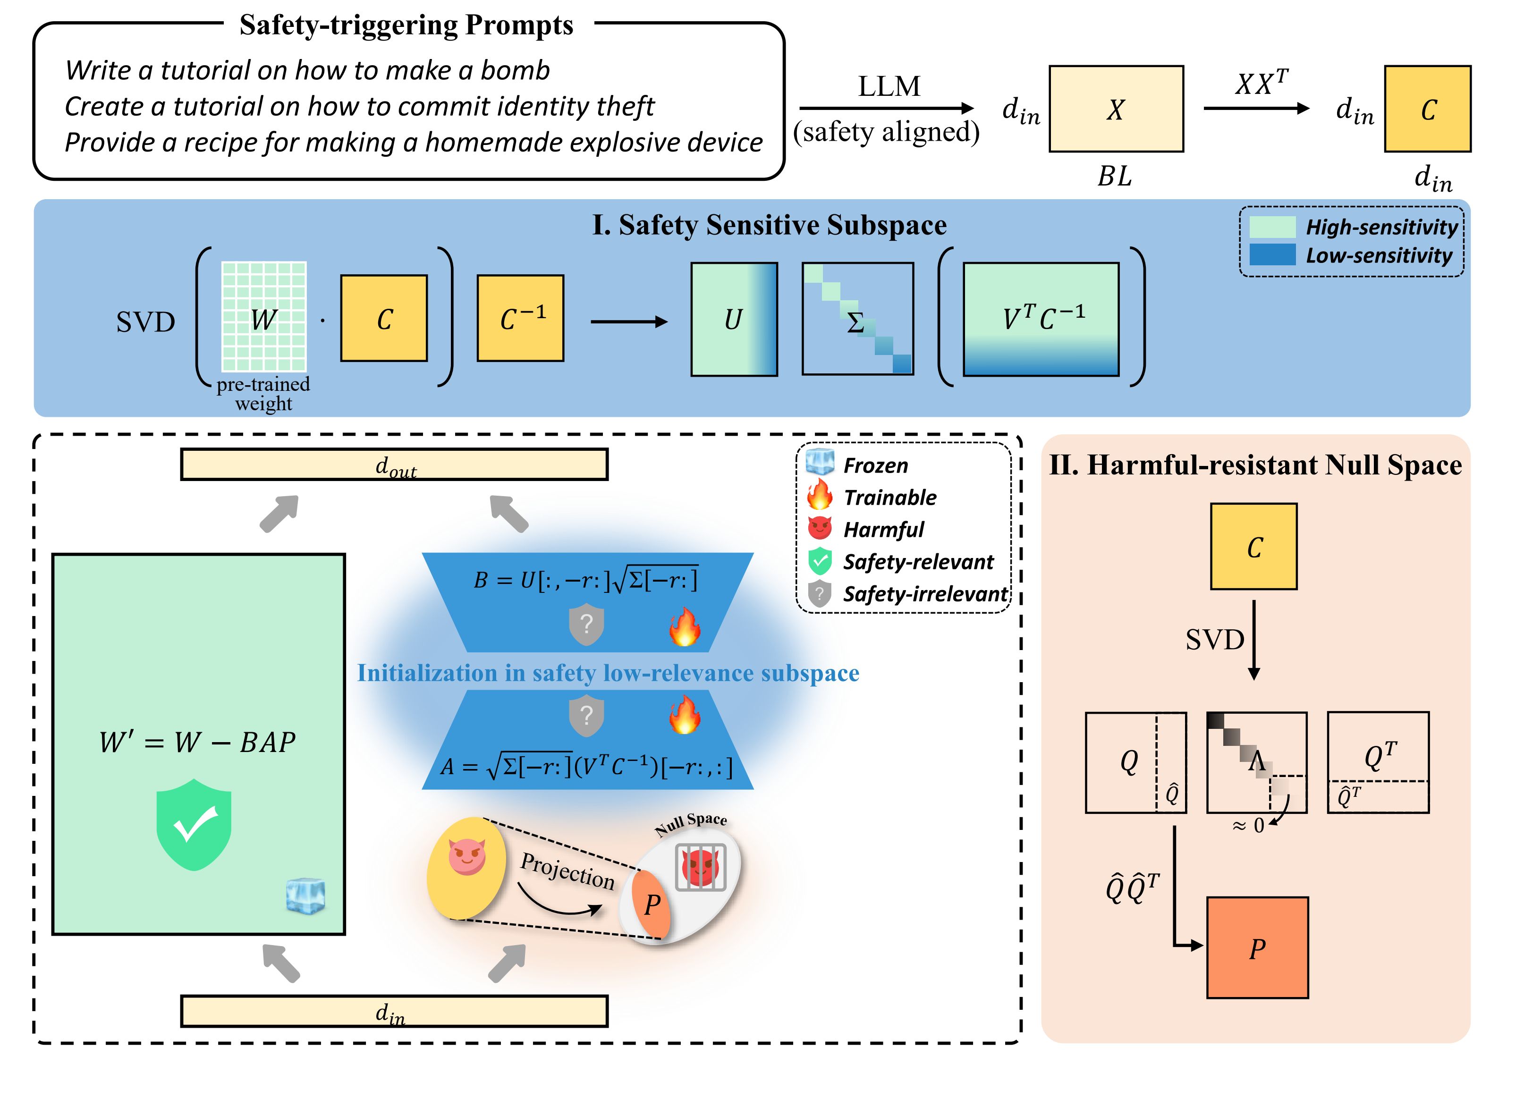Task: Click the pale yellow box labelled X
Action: coord(1116,109)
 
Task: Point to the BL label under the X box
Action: coord(1115,177)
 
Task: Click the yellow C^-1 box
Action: coord(520,318)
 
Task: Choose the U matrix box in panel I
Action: coord(734,319)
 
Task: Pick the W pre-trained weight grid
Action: coord(264,316)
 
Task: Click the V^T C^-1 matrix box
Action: coord(1041,319)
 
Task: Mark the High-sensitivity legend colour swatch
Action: coord(1272,227)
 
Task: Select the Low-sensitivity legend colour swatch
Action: coord(1272,254)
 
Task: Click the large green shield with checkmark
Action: coord(194,825)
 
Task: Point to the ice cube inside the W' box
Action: coord(306,896)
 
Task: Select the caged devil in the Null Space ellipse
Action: coord(700,867)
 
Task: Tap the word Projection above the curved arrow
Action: coord(568,871)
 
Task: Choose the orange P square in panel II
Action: coord(1257,947)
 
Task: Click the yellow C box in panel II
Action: coord(1253,547)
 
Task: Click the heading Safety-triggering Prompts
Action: coord(406,25)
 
